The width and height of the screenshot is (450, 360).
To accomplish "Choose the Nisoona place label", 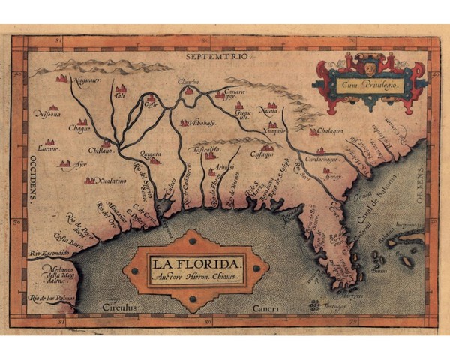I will pos(47,117).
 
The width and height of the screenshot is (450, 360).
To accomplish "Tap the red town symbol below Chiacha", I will pos(189,91).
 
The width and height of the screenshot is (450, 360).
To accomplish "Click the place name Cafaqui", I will pos(262,154).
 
